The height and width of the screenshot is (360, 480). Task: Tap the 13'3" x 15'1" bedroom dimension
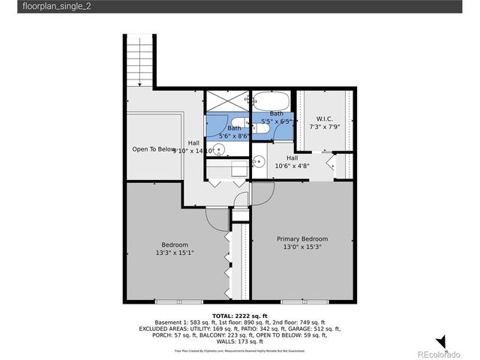pyautogui.click(x=175, y=253)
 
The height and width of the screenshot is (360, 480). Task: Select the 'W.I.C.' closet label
pyautogui.click(x=325, y=118)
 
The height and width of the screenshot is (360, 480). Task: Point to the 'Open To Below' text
pyautogui.click(x=154, y=149)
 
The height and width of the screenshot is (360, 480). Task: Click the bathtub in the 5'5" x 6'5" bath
pyautogui.click(x=271, y=100)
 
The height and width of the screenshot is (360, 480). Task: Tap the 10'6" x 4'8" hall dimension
pyautogui.click(x=292, y=166)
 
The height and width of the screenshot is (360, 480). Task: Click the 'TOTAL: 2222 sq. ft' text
pyautogui.click(x=239, y=316)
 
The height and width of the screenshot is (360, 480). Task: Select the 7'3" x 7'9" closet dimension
pyautogui.click(x=325, y=127)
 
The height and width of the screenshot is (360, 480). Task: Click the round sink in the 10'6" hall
pyautogui.click(x=258, y=160)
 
